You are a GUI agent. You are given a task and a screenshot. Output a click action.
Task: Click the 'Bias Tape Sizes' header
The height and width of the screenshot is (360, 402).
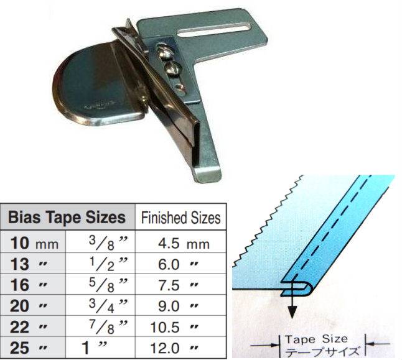tap(67, 217)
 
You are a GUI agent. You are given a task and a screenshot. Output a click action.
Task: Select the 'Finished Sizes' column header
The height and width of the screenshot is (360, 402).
tap(180, 218)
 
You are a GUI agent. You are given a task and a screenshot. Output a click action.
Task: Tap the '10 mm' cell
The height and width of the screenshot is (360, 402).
tap(34, 243)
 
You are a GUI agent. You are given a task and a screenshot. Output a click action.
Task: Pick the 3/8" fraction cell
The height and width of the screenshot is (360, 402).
tap(108, 242)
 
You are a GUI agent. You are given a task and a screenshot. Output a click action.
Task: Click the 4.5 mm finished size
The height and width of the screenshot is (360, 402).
tap(184, 243)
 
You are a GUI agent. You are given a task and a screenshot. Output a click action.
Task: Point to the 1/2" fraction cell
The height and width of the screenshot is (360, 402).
tap(108, 264)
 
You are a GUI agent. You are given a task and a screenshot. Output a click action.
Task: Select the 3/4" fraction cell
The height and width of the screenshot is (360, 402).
tap(108, 306)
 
